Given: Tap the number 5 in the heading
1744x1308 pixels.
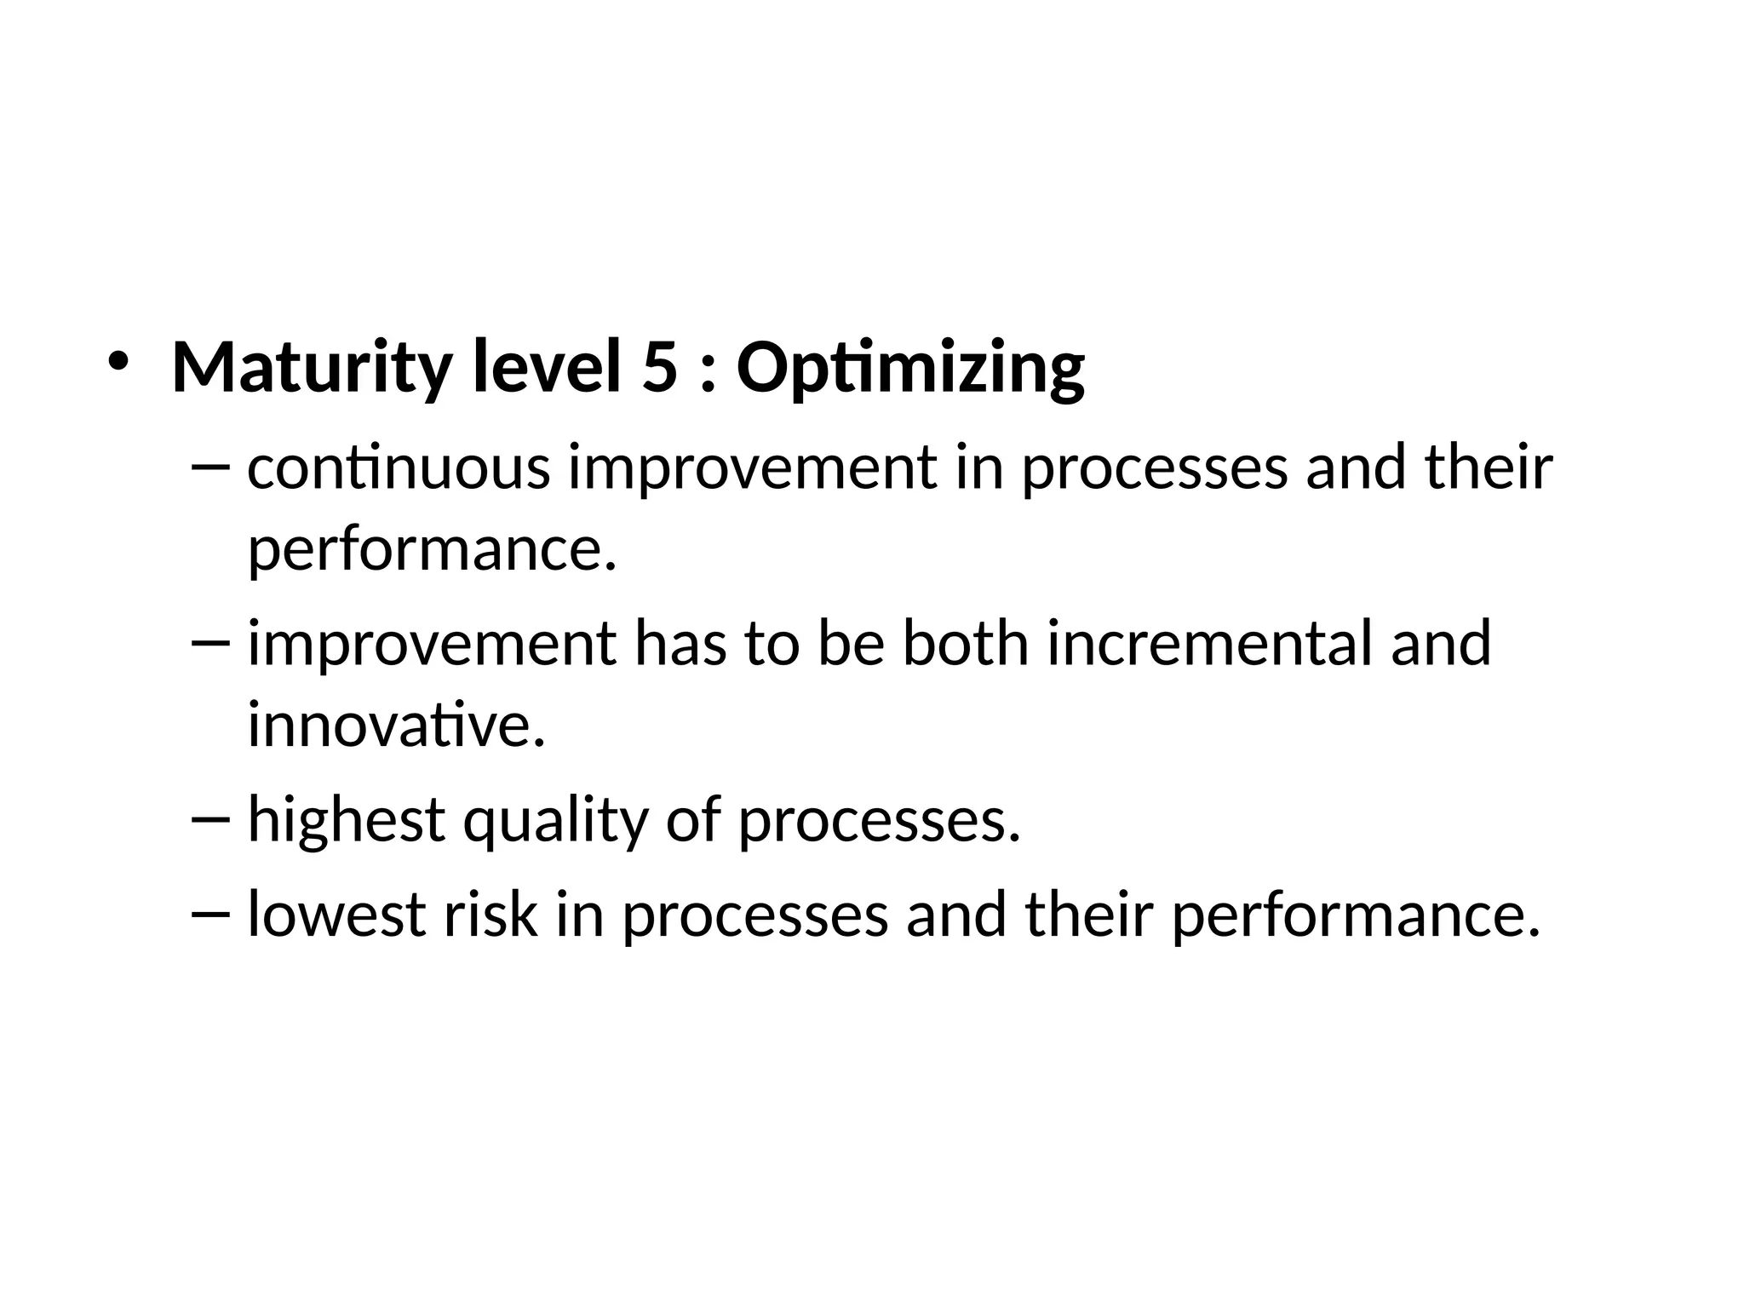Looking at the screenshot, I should click(x=660, y=368).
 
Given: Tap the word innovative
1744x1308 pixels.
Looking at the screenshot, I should click(x=395, y=725).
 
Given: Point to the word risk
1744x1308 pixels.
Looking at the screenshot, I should click(x=490, y=914).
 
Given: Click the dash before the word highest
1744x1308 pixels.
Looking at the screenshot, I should click(x=211, y=819).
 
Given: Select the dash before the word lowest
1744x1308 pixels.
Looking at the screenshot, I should click(x=211, y=914).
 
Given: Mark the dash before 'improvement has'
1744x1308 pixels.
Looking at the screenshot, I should click(x=211, y=644).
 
